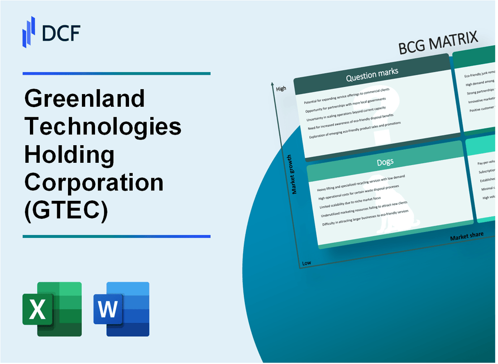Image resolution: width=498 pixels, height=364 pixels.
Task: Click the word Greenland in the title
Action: click(85, 98)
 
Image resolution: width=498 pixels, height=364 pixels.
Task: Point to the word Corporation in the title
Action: click(94, 183)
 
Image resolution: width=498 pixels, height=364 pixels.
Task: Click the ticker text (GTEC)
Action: click(66, 211)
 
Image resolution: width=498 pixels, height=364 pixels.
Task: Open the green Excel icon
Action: click(52, 309)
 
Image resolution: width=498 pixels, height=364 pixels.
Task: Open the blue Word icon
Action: click(121, 309)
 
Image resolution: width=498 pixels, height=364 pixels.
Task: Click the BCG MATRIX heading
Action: click(438, 44)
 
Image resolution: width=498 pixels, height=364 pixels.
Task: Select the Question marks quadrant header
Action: click(372, 75)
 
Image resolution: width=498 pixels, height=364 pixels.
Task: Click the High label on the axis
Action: click(281, 89)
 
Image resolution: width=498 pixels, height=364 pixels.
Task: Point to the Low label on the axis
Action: click(306, 263)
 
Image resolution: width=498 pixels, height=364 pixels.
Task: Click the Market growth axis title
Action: click(295, 175)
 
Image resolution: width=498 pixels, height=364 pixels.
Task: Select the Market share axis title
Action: click(466, 236)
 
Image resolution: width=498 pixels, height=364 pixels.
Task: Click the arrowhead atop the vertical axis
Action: click(273, 84)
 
